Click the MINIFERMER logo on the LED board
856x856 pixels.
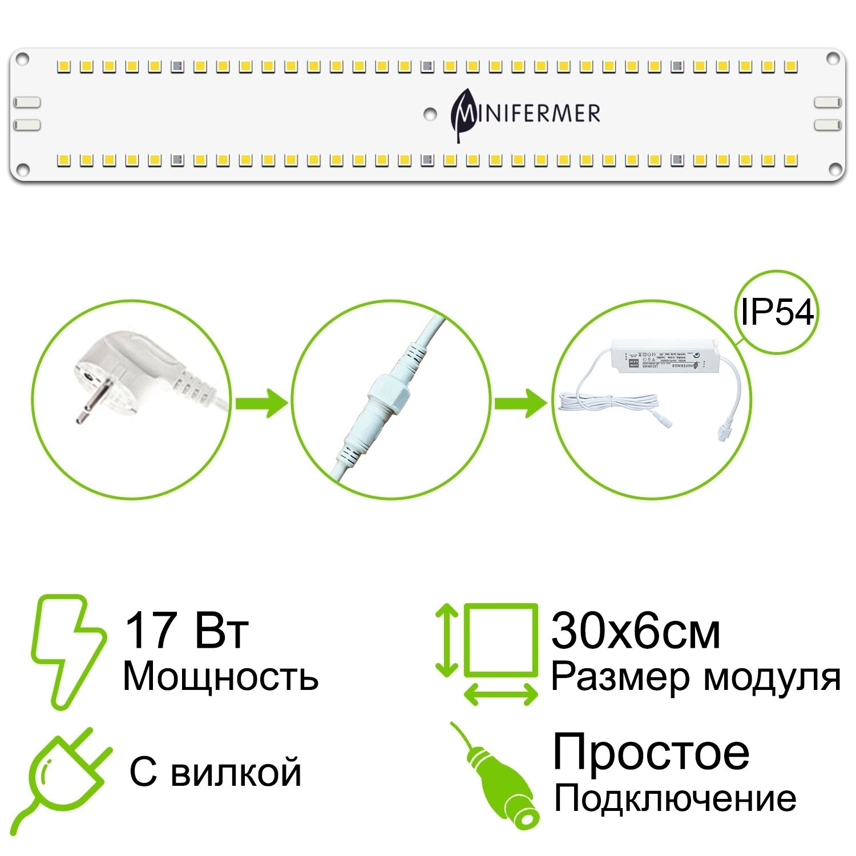[x=525, y=113]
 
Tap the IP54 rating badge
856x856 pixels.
[x=777, y=312]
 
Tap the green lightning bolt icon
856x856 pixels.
[x=67, y=651]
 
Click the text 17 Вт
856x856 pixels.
[x=186, y=631]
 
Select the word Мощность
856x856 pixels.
[x=220, y=677]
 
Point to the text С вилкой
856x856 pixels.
[x=215, y=773]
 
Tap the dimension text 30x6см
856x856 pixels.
[x=635, y=632]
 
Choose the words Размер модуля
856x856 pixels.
[x=695, y=677]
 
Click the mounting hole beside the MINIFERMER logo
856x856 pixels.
[x=430, y=114]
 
